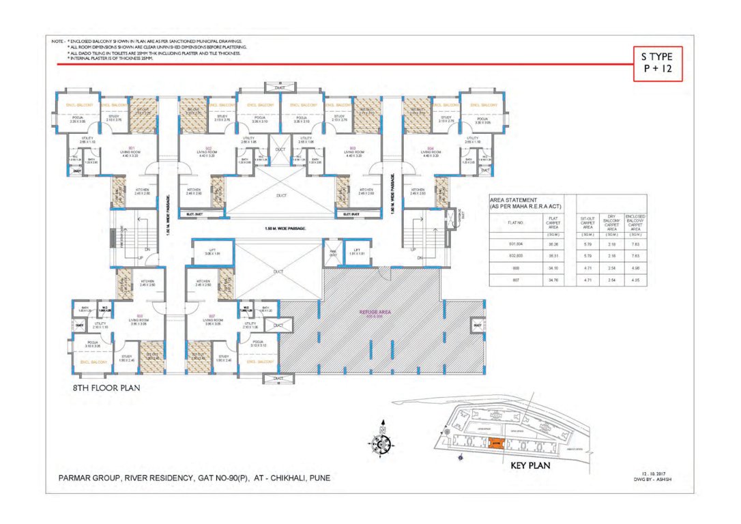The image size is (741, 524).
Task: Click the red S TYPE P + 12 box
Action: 657,63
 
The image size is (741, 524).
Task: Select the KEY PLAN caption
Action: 531,467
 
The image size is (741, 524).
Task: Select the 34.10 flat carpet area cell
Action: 553,268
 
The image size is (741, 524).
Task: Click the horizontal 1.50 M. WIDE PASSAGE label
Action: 280,228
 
